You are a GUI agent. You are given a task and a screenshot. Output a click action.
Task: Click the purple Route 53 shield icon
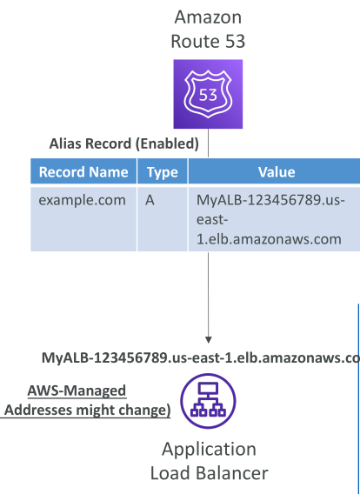tap(208, 94)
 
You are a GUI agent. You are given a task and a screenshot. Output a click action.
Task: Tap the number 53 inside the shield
tap(208, 95)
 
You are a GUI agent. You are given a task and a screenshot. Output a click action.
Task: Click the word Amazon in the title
tap(208, 17)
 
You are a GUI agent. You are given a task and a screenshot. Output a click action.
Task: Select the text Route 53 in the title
tap(208, 41)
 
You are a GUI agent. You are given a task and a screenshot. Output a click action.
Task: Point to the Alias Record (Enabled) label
tap(124, 144)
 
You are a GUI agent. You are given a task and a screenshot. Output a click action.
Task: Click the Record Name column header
tap(83, 172)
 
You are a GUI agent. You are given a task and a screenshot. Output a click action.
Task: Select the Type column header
tap(163, 173)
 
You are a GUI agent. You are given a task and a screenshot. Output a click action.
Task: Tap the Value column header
tap(277, 172)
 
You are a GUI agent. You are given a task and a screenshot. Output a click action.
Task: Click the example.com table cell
tap(83, 200)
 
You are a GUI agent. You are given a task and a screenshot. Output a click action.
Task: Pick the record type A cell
tap(150, 200)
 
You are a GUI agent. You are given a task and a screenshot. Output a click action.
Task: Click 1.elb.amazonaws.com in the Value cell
tap(269, 239)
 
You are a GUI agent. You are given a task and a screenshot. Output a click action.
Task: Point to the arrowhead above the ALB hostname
tap(208, 339)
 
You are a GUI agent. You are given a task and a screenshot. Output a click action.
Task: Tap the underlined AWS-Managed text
tap(77, 391)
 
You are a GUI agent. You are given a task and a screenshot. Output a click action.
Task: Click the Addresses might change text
tap(88, 411)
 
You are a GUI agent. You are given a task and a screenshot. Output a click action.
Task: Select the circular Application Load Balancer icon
tap(208, 401)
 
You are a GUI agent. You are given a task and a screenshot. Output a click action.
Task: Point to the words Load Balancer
tap(210, 473)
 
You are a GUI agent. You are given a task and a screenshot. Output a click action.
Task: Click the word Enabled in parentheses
tap(167, 144)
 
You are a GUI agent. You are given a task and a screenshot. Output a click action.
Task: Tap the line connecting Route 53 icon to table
tap(208, 143)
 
